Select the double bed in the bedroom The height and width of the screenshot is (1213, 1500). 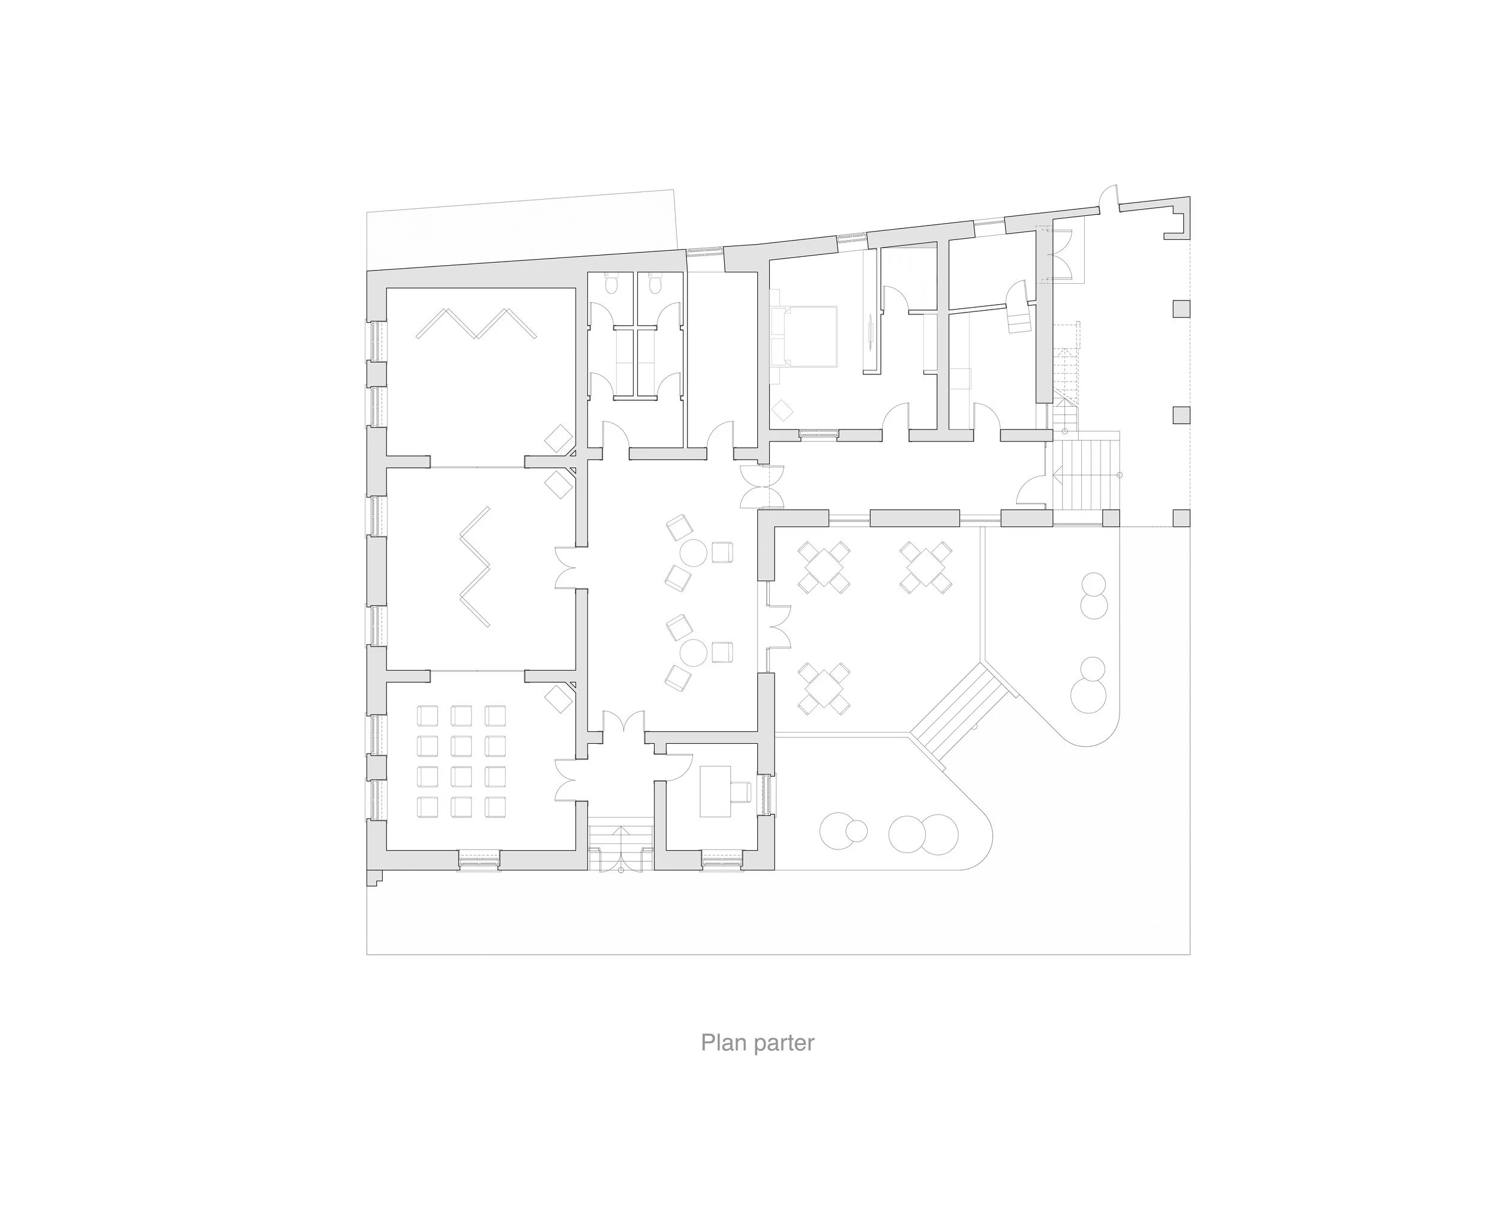click(x=803, y=335)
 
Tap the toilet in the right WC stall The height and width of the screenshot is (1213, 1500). click(x=655, y=284)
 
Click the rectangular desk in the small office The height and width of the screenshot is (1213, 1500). click(x=715, y=791)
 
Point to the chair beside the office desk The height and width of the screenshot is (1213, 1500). click(x=740, y=791)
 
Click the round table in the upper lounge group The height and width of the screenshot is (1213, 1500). click(x=693, y=553)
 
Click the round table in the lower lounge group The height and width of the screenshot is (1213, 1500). click(x=693, y=652)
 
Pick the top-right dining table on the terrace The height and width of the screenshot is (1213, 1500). click(x=926, y=568)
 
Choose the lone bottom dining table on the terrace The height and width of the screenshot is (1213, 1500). click(x=824, y=688)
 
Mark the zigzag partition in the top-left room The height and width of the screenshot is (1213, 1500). click(x=476, y=323)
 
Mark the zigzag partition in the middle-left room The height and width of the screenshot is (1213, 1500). click(x=476, y=567)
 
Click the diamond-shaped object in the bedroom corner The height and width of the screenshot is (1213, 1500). click(x=782, y=410)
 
